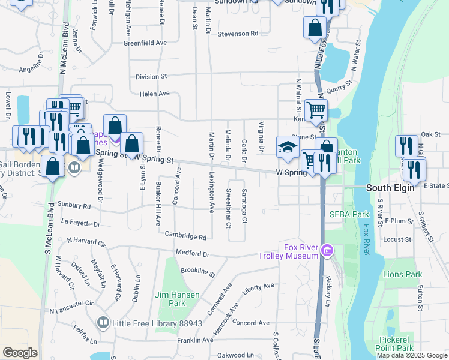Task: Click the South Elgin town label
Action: click(x=390, y=188)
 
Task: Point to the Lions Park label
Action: click(x=402, y=274)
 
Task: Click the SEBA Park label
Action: click(x=349, y=214)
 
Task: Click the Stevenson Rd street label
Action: click(x=238, y=34)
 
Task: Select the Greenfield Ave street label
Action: click(x=145, y=43)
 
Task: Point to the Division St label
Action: click(x=151, y=77)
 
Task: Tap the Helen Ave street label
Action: click(x=155, y=94)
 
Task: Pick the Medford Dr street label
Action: click(x=192, y=253)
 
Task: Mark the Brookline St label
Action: click(x=197, y=272)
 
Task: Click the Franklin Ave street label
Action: click(x=195, y=340)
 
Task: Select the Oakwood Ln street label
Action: click(x=235, y=355)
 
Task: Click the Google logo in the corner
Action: click(x=20, y=353)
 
